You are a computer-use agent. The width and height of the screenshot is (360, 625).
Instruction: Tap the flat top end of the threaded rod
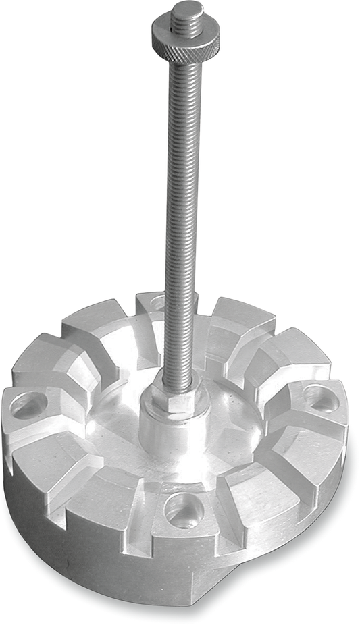point(187,8)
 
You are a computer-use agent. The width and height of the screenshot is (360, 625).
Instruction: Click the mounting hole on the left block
point(28,405)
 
